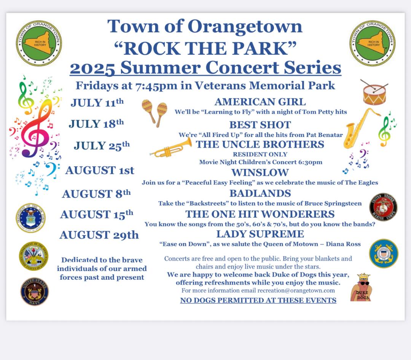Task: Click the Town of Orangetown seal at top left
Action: (x=39, y=43)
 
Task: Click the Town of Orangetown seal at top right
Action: (x=373, y=43)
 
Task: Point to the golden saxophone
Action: (x=360, y=129)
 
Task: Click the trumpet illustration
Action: (x=171, y=148)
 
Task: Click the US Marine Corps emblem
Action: (x=383, y=207)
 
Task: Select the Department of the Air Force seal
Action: (x=30, y=218)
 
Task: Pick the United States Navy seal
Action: (x=35, y=291)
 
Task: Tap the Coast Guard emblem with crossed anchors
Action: (x=384, y=253)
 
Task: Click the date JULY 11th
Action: (x=97, y=102)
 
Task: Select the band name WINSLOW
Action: (x=260, y=172)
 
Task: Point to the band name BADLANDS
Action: (x=260, y=193)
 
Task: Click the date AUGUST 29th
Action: (x=99, y=235)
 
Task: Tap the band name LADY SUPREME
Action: (x=260, y=234)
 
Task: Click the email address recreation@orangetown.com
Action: (x=296, y=290)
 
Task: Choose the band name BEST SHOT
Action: (x=260, y=125)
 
